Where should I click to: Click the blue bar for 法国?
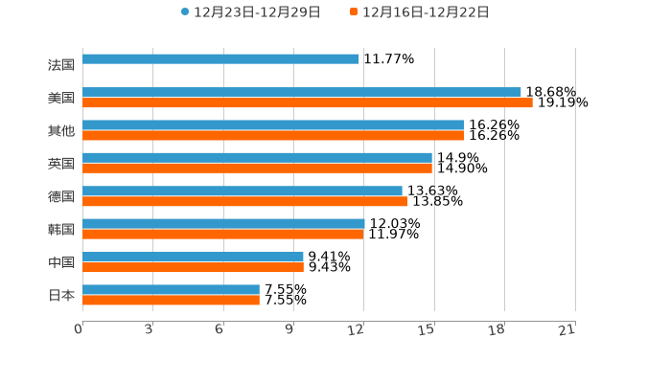point(220,59)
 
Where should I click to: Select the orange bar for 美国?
point(307,103)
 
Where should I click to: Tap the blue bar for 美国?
point(302,93)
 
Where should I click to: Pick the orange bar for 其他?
point(273,136)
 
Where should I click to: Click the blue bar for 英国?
point(257,158)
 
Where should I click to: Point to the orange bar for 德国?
point(244,202)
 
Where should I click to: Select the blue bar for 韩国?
point(223,224)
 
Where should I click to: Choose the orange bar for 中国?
point(193,267)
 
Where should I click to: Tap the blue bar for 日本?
point(171,289)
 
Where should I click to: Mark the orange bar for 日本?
point(171,300)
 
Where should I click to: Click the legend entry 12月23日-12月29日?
point(251,12)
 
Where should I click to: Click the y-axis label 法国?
point(61,65)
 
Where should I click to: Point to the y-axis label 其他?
point(61,130)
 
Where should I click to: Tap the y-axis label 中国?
point(61,262)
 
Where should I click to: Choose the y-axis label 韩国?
point(61,230)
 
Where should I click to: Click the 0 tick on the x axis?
point(79,329)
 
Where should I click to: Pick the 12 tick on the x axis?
point(357,329)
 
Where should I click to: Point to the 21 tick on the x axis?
point(567,329)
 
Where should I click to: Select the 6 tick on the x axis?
point(220,329)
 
